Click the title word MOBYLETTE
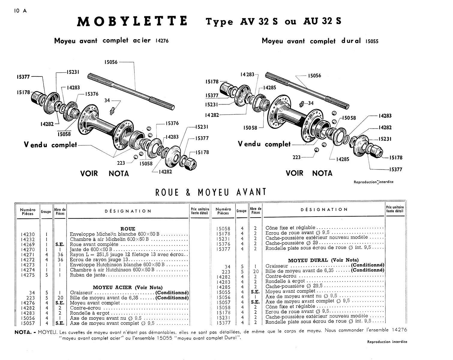[x=132, y=22]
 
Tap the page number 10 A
[x=20, y=11]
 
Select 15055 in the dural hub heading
[x=372, y=42]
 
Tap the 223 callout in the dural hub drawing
[x=296, y=157]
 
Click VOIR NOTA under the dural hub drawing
[x=309, y=173]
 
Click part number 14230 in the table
[x=28, y=234]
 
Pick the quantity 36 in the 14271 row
[x=60, y=254]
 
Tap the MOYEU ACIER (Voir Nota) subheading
[x=127, y=287]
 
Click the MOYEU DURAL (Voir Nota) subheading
[x=323, y=260]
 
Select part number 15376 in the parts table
[x=223, y=244]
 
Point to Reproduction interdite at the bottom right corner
[x=387, y=342]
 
